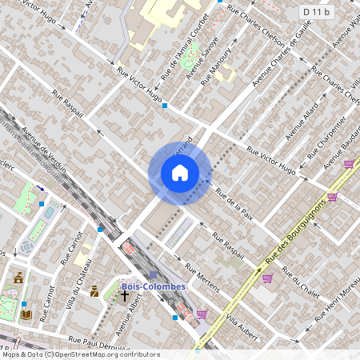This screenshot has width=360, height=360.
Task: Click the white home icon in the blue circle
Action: point(180,173)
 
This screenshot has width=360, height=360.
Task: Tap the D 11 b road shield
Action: point(316,12)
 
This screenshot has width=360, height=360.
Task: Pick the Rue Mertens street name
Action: point(202,276)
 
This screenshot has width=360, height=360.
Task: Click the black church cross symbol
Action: point(124,296)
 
